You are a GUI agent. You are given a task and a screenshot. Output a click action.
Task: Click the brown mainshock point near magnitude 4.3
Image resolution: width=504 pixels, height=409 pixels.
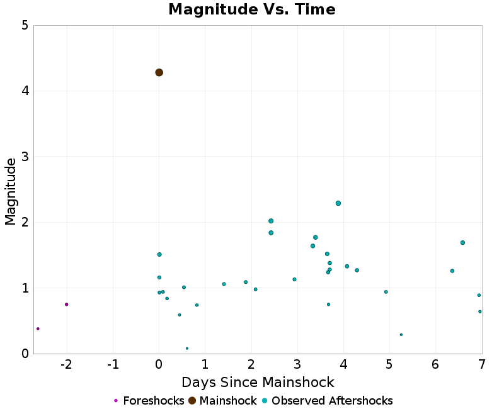159,72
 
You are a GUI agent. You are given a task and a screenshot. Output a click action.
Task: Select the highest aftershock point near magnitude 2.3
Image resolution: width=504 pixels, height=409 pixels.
338,203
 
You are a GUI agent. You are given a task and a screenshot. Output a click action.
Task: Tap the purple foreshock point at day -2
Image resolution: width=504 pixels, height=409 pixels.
66,305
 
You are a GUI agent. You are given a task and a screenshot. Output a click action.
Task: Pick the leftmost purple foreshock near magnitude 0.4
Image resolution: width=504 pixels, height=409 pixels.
38,328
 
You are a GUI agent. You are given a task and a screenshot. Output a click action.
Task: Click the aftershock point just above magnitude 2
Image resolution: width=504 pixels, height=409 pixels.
271,221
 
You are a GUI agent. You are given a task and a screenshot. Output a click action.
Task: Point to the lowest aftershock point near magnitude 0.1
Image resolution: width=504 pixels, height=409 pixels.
187,348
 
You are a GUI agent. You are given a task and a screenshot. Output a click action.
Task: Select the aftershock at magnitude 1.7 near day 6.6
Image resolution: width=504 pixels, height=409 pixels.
462,242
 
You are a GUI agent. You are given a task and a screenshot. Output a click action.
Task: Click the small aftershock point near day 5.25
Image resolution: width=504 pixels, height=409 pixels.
401,335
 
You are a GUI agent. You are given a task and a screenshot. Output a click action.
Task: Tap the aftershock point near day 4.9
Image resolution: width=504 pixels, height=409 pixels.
386,292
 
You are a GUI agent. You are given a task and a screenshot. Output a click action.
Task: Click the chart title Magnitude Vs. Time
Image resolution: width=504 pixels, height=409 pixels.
252,10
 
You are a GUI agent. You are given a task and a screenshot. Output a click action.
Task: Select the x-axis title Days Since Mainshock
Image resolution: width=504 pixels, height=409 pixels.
258,382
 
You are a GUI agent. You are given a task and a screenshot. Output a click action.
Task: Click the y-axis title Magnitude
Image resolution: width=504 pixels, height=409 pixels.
11,191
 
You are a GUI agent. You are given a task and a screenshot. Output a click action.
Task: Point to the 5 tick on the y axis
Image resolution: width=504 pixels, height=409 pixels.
24,25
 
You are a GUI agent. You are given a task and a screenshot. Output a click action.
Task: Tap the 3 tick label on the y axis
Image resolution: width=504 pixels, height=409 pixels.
24,157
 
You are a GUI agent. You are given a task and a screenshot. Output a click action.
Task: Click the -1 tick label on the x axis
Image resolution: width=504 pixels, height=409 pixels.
113,365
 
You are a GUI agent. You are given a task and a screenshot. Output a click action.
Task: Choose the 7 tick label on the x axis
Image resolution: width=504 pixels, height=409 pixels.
481,365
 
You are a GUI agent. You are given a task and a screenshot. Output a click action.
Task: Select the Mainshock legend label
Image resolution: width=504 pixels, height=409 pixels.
228,401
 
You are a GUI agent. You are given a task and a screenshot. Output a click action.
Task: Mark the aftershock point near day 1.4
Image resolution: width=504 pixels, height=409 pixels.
224,284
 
